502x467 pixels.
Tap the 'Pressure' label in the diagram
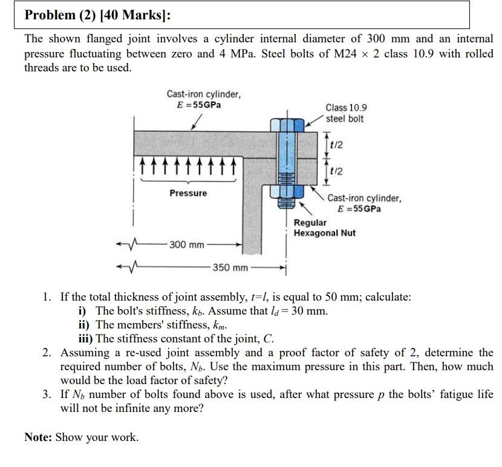coord(187,193)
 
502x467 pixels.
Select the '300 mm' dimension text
coord(187,245)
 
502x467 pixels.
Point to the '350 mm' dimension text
coord(230,267)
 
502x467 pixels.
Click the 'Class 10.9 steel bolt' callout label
coord(345,113)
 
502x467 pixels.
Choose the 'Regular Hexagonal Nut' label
coord(325,228)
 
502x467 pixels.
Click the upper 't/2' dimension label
coord(337,145)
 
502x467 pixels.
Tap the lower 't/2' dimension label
coord(337,171)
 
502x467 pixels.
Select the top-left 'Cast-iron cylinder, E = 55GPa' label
coord(204,99)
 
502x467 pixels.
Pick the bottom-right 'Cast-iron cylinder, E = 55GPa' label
coord(364,203)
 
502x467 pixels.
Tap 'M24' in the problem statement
coord(347,54)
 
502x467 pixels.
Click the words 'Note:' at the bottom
coord(38,437)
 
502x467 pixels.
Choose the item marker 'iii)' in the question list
coord(86,338)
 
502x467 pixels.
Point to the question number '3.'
coord(48,394)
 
